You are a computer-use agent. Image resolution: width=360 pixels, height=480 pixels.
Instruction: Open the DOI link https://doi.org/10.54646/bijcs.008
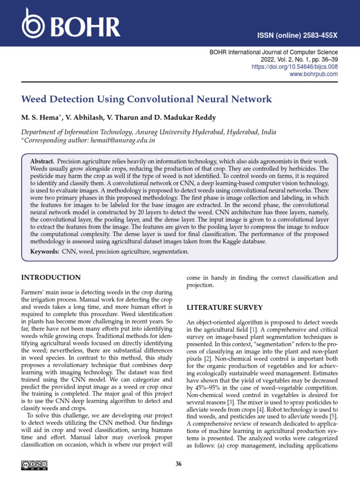tap(298, 67)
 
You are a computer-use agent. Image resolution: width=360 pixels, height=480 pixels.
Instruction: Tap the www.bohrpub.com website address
tap(314, 74)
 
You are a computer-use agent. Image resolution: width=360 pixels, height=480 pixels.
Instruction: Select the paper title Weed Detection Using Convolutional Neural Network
tap(147, 99)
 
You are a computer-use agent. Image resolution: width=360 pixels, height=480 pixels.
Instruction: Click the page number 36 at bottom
tap(179, 464)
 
